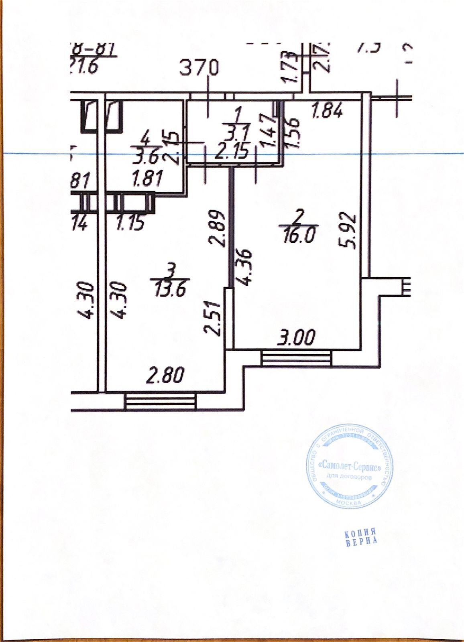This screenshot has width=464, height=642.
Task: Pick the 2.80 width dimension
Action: (165, 376)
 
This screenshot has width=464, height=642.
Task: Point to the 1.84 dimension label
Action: (328, 110)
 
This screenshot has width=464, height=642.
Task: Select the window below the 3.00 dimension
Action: (297, 358)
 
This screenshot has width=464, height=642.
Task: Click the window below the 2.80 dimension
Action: (160, 401)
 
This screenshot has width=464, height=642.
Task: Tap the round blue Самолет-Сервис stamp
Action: (348, 468)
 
